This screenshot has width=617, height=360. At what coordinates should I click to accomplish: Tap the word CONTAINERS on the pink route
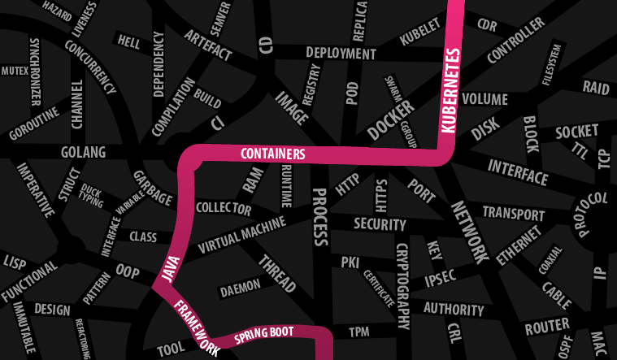click(x=272, y=154)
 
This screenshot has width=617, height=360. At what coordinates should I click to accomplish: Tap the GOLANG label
click(x=84, y=152)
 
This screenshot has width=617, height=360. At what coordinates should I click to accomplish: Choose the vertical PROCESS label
click(x=319, y=217)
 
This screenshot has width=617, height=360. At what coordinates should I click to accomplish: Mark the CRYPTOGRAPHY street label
click(x=402, y=284)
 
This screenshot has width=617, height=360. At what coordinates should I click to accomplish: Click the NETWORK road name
click(x=469, y=232)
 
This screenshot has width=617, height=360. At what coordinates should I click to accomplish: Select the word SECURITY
click(x=380, y=224)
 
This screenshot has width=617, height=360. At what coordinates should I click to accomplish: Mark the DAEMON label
click(x=241, y=286)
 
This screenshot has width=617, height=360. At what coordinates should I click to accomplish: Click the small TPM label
click(x=358, y=332)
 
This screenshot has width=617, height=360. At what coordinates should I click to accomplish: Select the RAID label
click(x=596, y=87)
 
